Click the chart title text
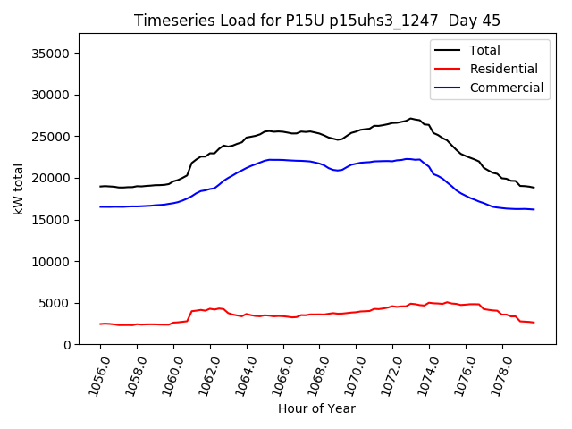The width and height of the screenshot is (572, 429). click(317, 21)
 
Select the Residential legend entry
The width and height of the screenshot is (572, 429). click(503, 69)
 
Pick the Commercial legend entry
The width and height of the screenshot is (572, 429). click(506, 88)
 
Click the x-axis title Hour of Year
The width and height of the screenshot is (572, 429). click(316, 408)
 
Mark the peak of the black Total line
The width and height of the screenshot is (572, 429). click(411, 118)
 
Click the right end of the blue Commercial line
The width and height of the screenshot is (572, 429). click(534, 209)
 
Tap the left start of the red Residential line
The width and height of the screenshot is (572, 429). click(100, 324)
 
